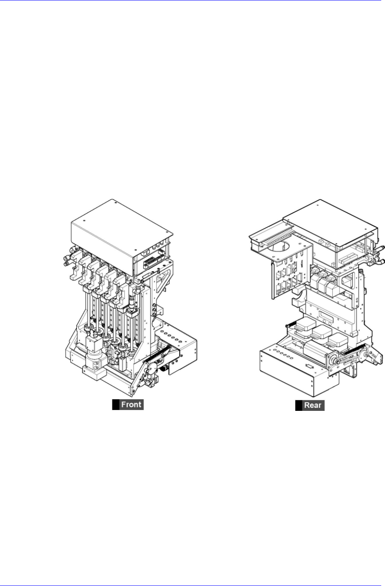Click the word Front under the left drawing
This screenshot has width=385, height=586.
pyautogui.click(x=131, y=405)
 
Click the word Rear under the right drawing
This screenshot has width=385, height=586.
pyautogui.click(x=313, y=405)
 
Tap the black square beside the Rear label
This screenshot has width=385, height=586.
pyautogui.click(x=298, y=405)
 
